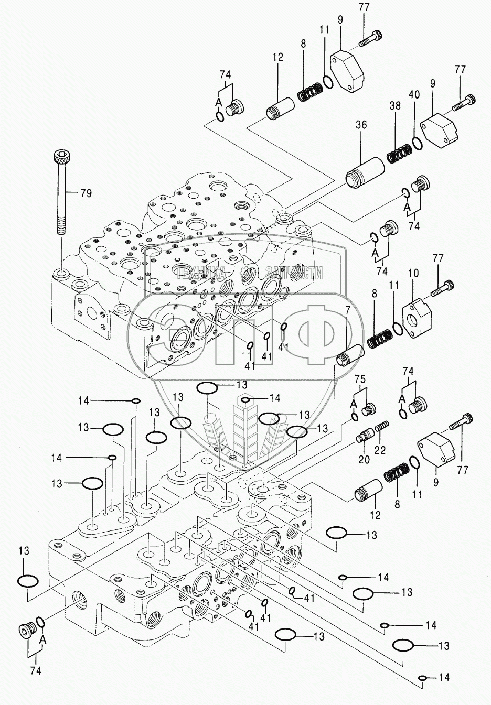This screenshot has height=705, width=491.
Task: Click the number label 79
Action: pyautogui.click(x=86, y=193)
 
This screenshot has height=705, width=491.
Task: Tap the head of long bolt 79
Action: pyautogui.click(x=61, y=157)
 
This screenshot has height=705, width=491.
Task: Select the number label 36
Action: pyautogui.click(x=361, y=126)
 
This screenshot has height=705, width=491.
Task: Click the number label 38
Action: pyautogui.click(x=394, y=105)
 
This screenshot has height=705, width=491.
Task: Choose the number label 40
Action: pyautogui.click(x=414, y=95)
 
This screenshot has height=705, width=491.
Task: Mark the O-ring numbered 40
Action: pyautogui.click(x=416, y=142)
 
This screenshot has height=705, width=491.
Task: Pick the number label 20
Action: pyautogui.click(x=364, y=460)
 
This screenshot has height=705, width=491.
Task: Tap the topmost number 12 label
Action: pyautogui.click(x=277, y=57)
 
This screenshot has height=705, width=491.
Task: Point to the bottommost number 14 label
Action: pyautogui.click(x=443, y=678)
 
